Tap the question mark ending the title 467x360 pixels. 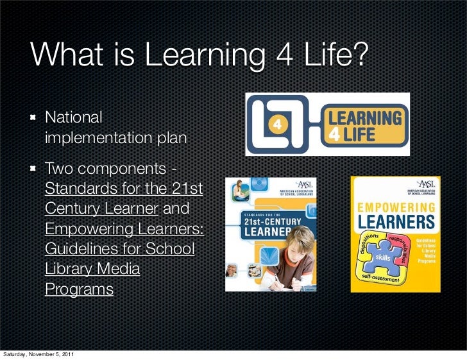point(361,57)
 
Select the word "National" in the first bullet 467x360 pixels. point(74,118)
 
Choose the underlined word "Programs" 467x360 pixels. point(79,289)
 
